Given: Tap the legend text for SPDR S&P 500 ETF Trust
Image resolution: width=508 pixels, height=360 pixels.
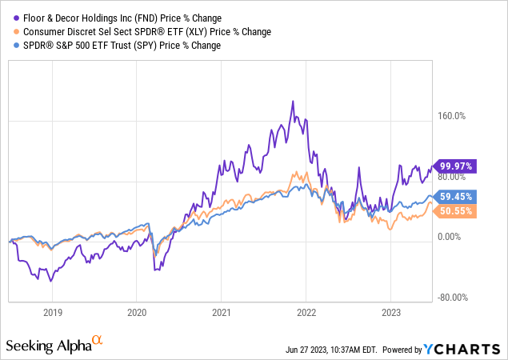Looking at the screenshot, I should (119, 46).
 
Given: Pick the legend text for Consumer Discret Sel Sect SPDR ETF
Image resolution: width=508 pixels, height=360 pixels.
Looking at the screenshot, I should (145, 31).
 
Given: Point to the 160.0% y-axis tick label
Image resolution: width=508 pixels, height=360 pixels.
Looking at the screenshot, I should (450, 116).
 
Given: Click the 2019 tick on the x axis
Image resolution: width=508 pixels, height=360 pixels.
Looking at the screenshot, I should (52, 312).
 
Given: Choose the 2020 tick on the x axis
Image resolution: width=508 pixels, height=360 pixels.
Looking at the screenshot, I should (137, 312).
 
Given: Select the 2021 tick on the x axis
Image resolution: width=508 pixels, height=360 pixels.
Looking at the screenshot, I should (222, 312).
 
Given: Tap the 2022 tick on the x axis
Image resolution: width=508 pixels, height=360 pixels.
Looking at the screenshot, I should (306, 312).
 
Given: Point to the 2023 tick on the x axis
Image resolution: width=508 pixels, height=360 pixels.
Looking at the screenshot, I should (391, 312).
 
